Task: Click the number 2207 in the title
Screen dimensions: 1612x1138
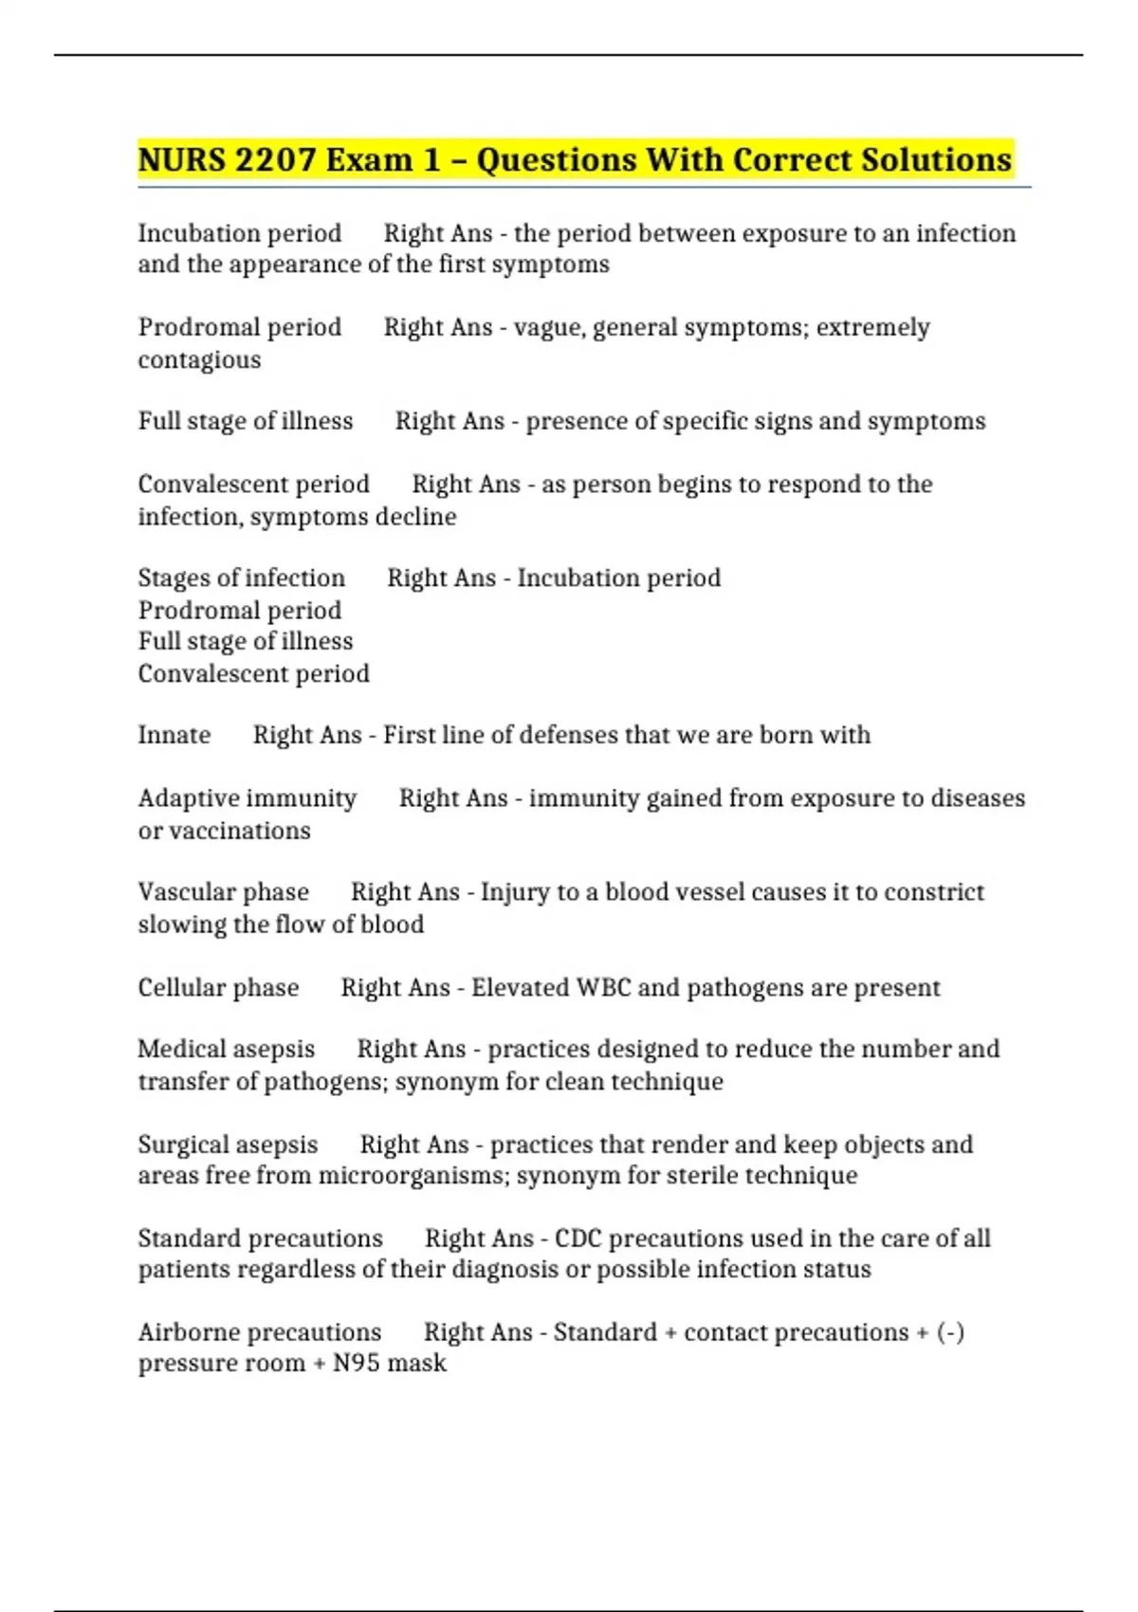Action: (x=275, y=159)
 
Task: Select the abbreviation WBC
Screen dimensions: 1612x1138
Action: (x=603, y=988)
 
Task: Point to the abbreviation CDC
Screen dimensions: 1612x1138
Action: (x=578, y=1238)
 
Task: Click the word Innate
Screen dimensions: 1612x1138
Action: (x=174, y=735)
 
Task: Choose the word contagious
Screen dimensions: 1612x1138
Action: (x=199, y=360)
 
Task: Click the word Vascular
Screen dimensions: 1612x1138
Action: (x=175, y=892)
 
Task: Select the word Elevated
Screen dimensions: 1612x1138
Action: (x=520, y=988)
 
